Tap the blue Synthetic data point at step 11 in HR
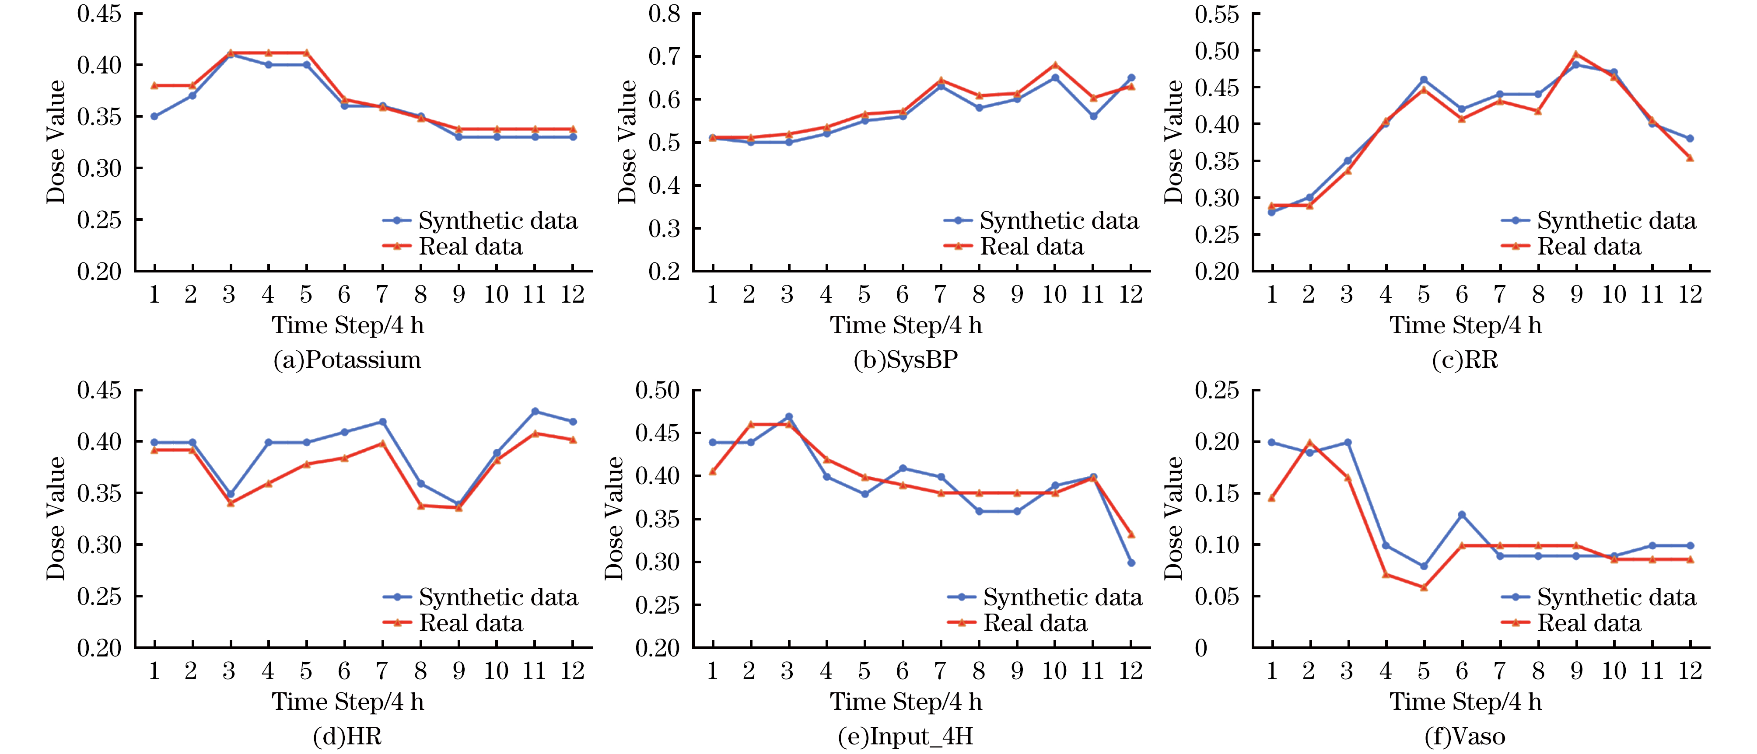[535, 411]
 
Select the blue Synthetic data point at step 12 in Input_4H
[1131, 562]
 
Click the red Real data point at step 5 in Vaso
[1424, 587]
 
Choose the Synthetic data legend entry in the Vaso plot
[1615, 597]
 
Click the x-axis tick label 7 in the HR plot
[382, 671]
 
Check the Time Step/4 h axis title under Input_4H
[906, 702]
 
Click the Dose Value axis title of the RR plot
[1173, 142]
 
